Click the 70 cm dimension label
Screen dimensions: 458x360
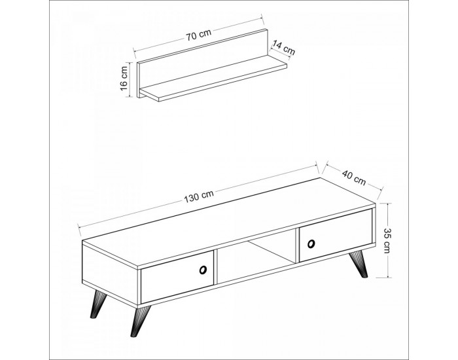point(199,36)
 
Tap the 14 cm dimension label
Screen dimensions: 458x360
point(283,48)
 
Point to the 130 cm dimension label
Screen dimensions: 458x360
point(199,196)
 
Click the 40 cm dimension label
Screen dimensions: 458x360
point(354,177)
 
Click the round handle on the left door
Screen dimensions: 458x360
point(202,270)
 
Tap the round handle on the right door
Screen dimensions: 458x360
point(311,243)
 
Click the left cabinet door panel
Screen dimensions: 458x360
point(177,276)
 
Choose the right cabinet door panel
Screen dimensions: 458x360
point(335,235)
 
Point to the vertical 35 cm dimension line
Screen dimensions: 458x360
point(388,240)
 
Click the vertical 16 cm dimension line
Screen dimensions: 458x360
point(128,80)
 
